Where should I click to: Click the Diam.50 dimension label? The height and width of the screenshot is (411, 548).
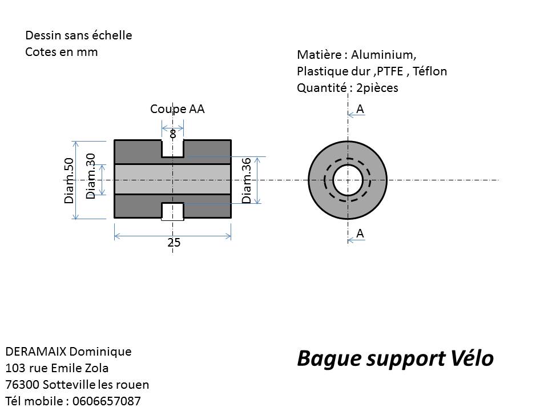(x=69, y=181)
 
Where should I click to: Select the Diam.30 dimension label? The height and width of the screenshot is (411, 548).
(x=91, y=176)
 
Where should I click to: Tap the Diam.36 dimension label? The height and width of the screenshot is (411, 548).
(x=247, y=180)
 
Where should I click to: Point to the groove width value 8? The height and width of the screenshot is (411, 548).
(x=172, y=134)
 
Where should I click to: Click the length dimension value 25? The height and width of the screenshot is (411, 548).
(x=174, y=243)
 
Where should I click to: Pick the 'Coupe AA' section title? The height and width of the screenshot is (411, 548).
(x=177, y=109)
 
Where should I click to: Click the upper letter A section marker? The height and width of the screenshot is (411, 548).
(x=360, y=110)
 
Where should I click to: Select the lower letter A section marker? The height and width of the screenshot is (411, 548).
(x=360, y=233)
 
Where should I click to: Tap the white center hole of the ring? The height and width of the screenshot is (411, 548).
(x=348, y=180)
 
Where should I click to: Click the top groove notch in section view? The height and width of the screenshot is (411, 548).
(x=172, y=148)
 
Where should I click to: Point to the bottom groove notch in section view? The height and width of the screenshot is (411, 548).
(x=172, y=211)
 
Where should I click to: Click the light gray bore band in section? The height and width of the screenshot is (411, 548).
(x=172, y=179)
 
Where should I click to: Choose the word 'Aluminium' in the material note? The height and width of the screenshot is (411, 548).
(x=384, y=55)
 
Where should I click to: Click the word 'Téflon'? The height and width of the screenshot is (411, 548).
(x=429, y=71)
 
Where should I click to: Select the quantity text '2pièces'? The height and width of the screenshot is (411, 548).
(x=377, y=88)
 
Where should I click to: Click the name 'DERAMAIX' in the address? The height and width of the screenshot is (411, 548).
(x=35, y=352)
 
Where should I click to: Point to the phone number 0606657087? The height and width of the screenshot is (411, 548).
(x=107, y=401)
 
